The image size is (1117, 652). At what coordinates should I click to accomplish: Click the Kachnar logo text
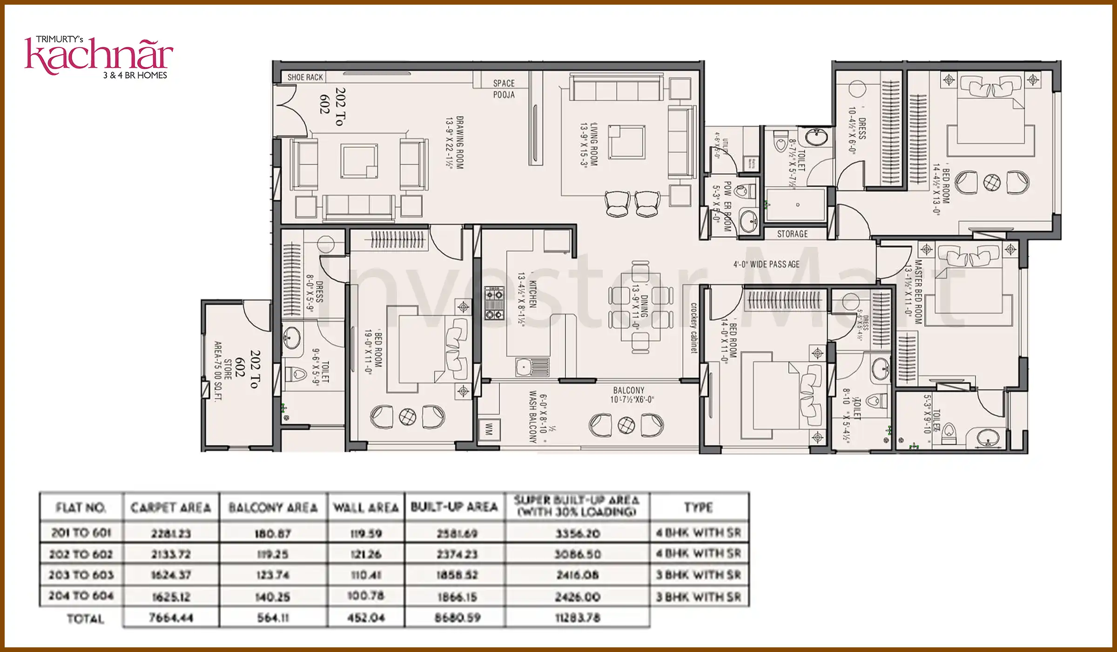point(99,57)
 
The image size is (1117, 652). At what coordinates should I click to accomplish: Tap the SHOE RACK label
point(305,77)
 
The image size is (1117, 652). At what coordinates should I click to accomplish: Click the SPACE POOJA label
point(504,89)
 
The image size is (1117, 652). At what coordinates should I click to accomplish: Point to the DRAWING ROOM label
point(454,142)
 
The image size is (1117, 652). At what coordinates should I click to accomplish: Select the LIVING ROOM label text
point(589,144)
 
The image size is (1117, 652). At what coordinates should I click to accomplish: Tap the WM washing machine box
point(488,429)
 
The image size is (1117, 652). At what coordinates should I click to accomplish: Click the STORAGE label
point(792,234)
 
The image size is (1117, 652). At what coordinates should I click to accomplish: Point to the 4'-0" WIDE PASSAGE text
point(766,265)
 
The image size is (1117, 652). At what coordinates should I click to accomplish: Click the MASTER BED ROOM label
point(913,292)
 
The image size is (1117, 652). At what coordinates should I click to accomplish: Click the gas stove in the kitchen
point(494,303)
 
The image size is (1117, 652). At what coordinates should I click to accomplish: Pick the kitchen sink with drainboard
point(532,367)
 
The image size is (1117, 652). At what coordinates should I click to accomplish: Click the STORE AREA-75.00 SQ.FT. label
point(222,371)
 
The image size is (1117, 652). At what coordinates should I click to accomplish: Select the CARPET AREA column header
point(171,508)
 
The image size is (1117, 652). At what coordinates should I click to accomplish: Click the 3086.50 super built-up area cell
point(577,554)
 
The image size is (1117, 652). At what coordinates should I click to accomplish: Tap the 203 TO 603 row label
point(81,575)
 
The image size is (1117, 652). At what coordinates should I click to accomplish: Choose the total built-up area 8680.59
point(457,618)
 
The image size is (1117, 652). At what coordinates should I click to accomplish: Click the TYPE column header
point(698,507)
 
